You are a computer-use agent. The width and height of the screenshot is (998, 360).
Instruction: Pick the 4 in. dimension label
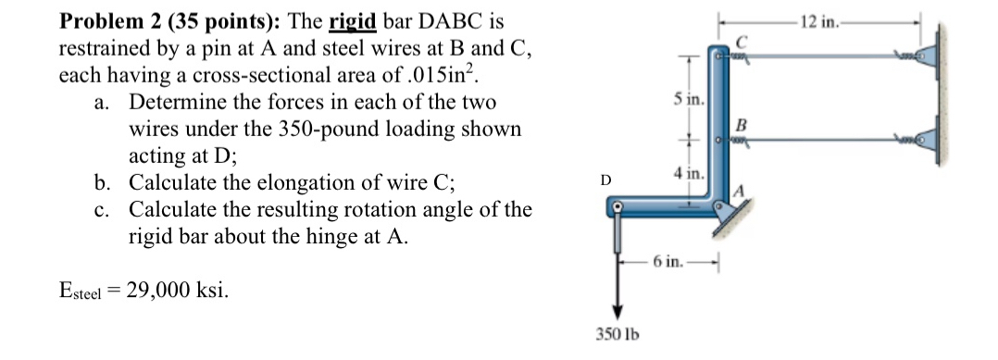click(x=691, y=173)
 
